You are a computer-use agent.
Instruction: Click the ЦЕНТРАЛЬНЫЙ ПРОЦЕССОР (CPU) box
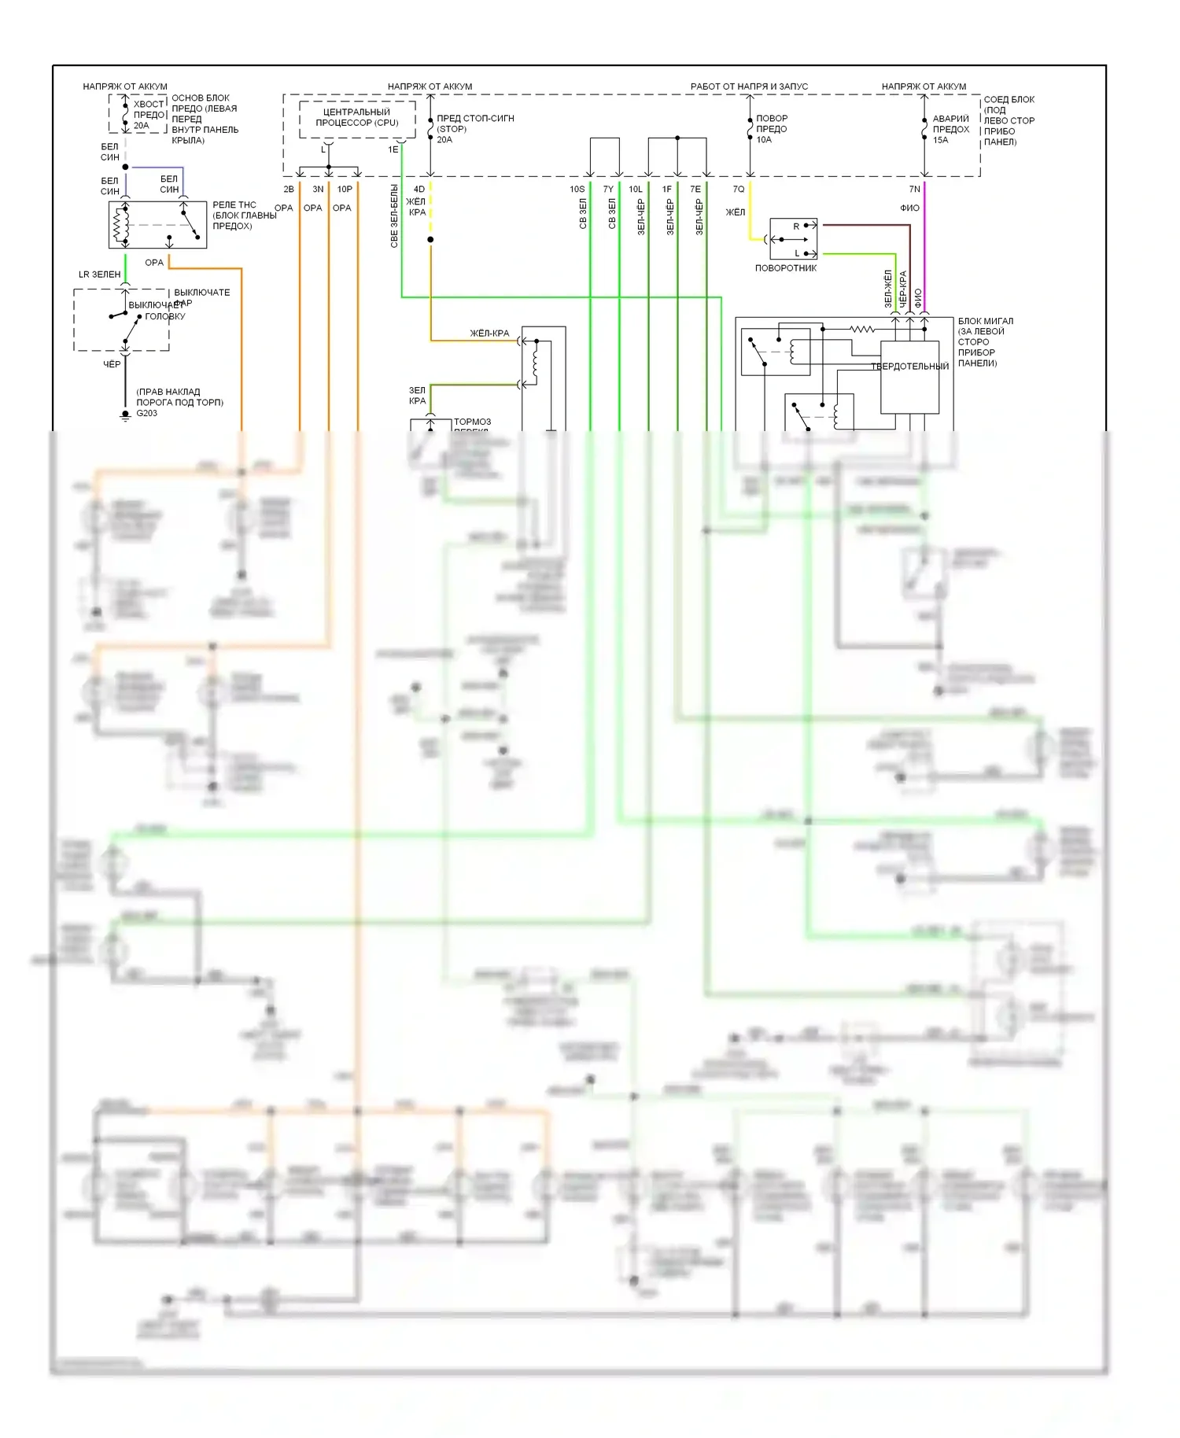(357, 119)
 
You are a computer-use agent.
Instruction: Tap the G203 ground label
(147, 413)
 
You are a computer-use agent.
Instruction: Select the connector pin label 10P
(345, 190)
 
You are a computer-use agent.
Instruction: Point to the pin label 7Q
(738, 190)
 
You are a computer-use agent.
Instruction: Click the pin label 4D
(419, 190)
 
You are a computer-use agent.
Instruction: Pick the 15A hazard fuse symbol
(924, 128)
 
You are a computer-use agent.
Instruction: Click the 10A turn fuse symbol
(750, 128)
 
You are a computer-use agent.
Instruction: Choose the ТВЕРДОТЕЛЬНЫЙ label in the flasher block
(909, 367)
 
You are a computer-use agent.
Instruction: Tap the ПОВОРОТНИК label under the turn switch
(786, 268)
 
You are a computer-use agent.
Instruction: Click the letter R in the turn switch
(796, 227)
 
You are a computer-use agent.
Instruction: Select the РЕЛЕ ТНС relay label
(234, 205)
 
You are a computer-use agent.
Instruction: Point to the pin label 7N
(914, 190)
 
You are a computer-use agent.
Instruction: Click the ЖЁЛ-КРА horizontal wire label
(489, 334)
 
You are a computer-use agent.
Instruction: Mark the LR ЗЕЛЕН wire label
(100, 275)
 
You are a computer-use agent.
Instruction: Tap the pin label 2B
(289, 190)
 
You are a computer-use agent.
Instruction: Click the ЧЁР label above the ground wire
(112, 364)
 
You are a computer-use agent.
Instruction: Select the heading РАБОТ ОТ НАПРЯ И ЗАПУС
(749, 87)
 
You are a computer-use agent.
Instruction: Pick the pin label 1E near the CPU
(393, 149)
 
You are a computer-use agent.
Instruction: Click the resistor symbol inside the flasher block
(862, 329)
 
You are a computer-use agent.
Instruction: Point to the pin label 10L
(636, 190)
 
